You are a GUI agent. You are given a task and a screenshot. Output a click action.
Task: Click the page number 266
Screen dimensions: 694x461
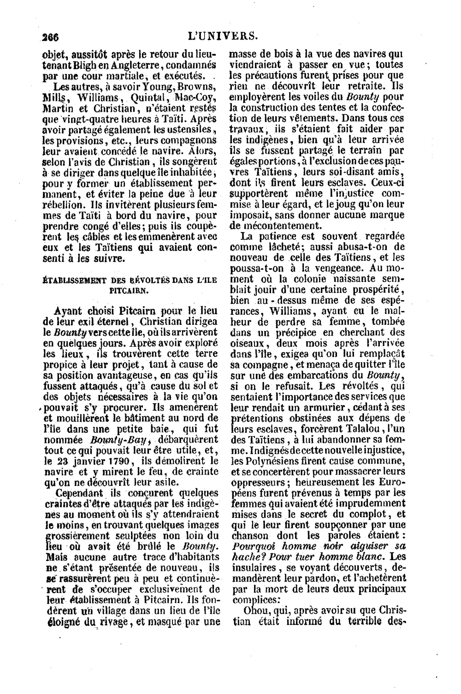point(48,36)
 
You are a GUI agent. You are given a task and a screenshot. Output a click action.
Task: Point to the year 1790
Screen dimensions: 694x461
point(119,461)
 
